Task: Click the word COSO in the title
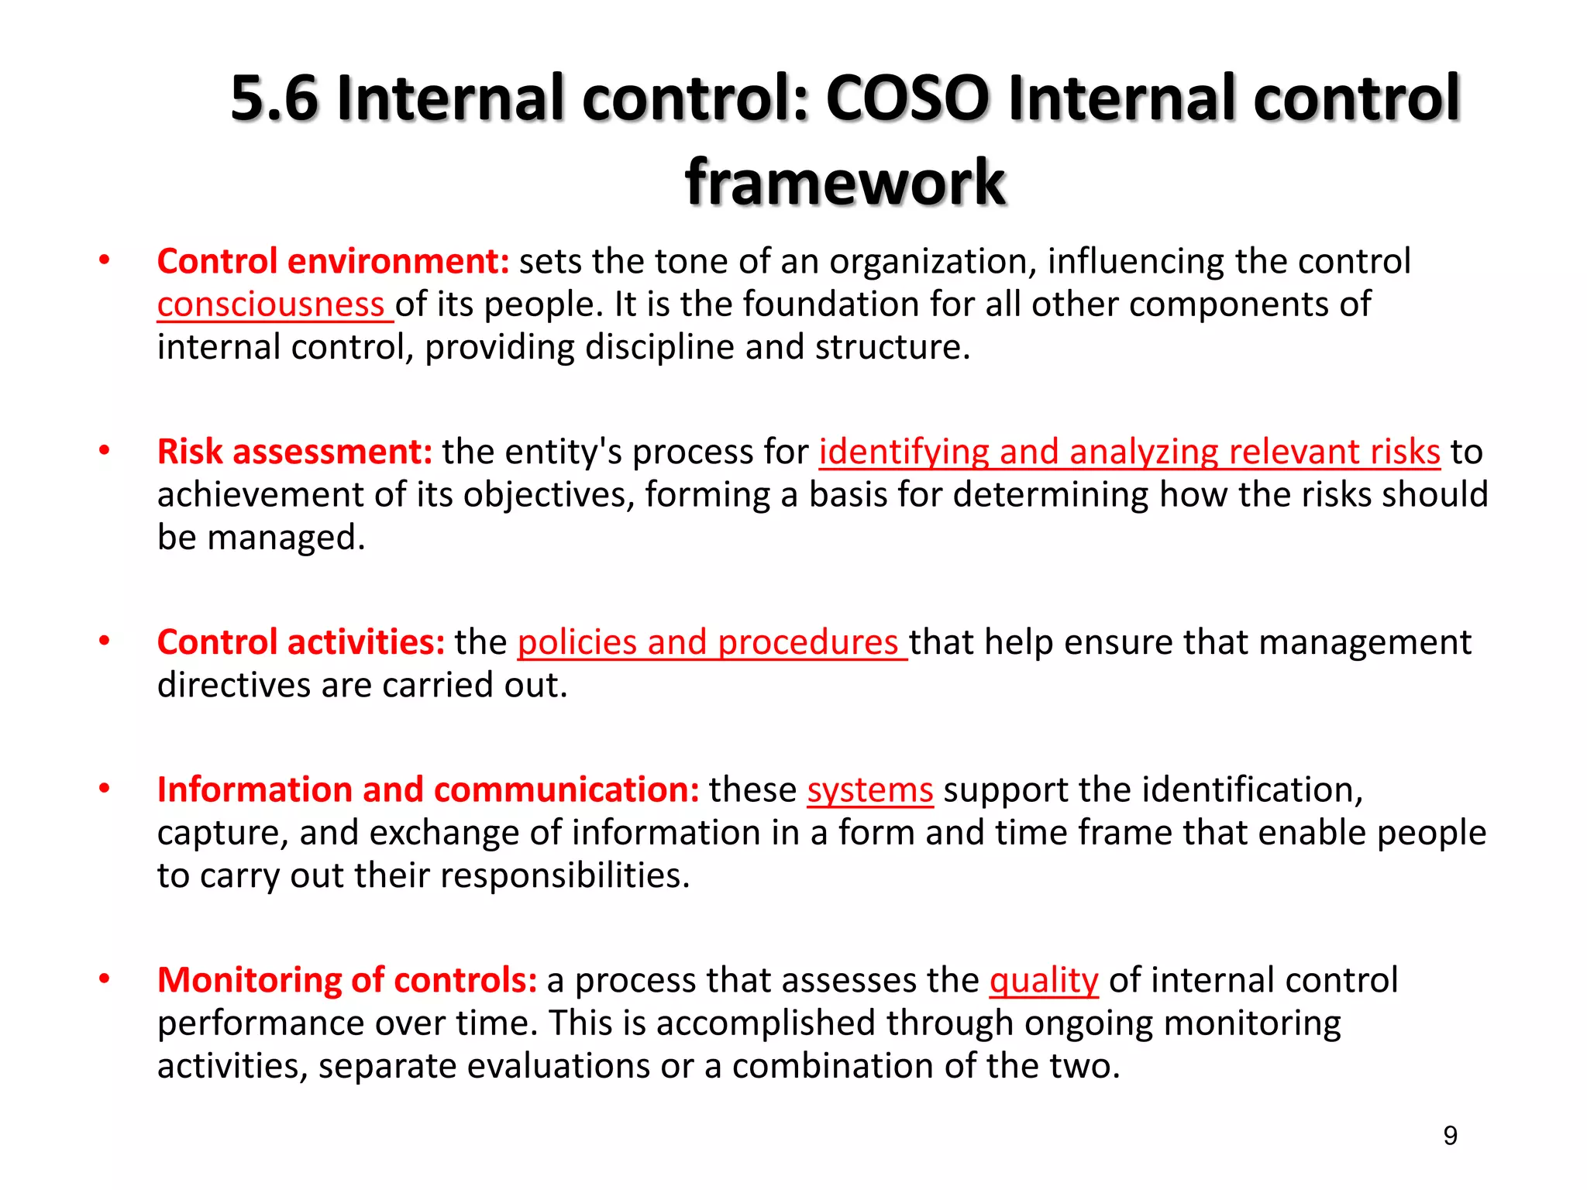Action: [x=907, y=98]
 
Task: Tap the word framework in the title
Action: [x=845, y=182]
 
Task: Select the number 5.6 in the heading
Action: [x=274, y=98]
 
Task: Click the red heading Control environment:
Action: [x=333, y=261]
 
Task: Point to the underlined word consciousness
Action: [x=270, y=304]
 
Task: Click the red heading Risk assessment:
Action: [x=294, y=452]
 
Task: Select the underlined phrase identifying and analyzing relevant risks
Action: [x=1129, y=452]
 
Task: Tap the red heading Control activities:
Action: [x=301, y=642]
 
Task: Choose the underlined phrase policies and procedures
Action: [x=707, y=642]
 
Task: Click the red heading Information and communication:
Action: [x=428, y=789]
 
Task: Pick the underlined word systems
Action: [x=869, y=789]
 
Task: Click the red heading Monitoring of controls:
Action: [x=347, y=980]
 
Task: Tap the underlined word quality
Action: [x=1044, y=980]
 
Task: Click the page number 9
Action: [x=1450, y=1136]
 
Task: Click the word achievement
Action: [x=261, y=494]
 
